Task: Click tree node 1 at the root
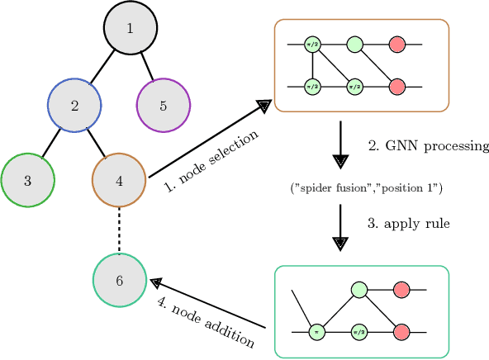(130, 29)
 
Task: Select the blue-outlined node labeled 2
(74, 106)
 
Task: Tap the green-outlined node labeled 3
(27, 178)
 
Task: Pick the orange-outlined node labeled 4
(120, 178)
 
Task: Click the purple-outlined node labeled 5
(163, 106)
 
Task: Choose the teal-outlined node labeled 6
(120, 281)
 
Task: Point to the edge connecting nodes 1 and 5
(147, 68)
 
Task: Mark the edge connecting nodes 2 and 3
(50, 142)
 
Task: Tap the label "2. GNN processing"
(416, 145)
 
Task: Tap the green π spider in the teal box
(317, 332)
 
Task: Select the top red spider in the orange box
(397, 44)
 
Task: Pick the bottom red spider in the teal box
(402, 332)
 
